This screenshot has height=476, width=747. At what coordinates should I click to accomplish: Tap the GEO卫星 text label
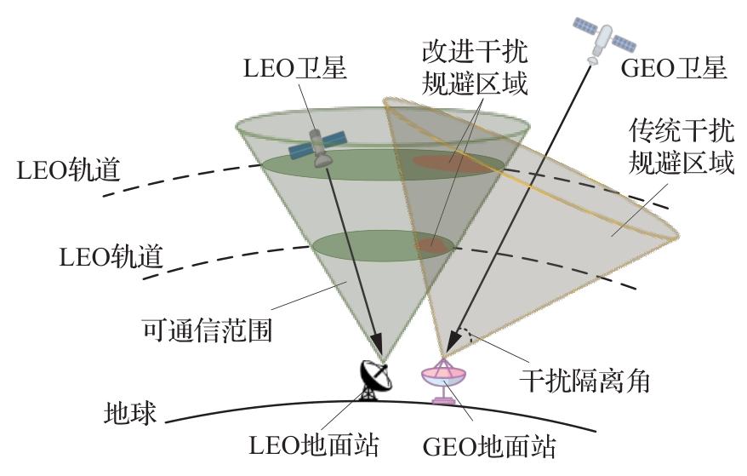point(674,68)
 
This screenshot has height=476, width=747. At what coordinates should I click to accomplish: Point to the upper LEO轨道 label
point(68,169)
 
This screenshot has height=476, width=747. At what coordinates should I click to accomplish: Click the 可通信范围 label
point(208,330)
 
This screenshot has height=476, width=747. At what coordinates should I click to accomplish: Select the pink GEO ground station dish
point(444,380)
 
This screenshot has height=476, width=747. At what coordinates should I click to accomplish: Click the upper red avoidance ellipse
point(452,162)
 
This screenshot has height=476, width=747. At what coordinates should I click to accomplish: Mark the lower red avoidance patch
point(432,244)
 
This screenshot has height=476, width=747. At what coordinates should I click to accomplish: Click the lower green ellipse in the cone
point(374,246)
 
